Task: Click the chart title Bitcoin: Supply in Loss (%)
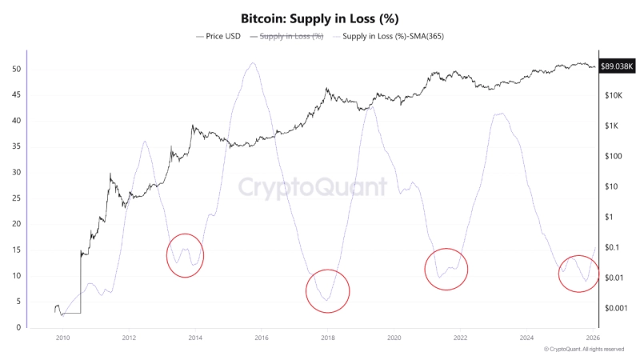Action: [x=320, y=18]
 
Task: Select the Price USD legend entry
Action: [x=221, y=36]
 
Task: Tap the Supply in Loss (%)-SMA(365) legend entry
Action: [x=393, y=36]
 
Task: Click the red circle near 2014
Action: [x=185, y=255]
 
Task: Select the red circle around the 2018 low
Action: [x=327, y=290]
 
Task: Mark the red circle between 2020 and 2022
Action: [x=446, y=269]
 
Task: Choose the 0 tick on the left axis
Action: [x=17, y=327]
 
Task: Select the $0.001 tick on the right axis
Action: [x=616, y=308]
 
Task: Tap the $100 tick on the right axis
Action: [x=614, y=156]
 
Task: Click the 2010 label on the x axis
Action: [x=62, y=338]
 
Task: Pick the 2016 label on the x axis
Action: [x=261, y=338]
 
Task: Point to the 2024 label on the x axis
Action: [x=526, y=338]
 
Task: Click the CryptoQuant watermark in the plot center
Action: [x=313, y=187]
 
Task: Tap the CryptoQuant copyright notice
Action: [x=583, y=350]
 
